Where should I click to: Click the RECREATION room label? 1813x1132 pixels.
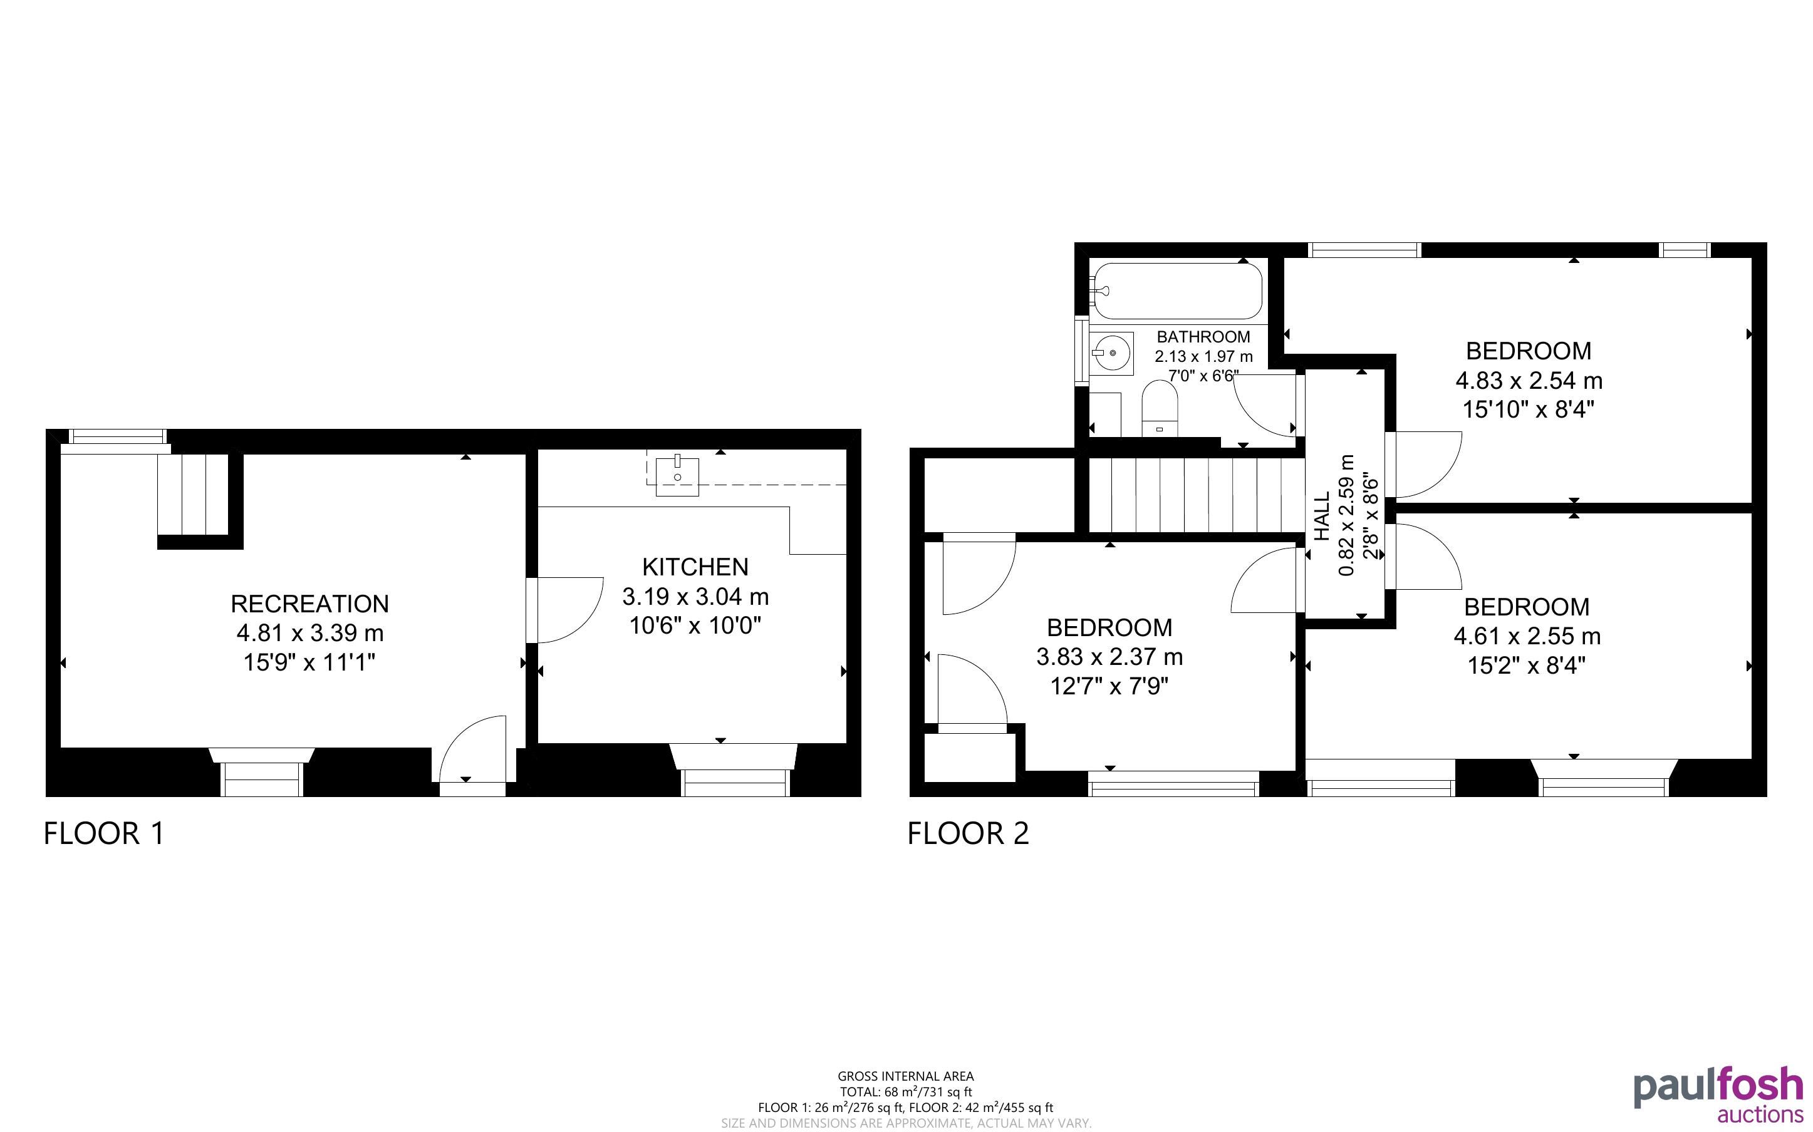point(309,604)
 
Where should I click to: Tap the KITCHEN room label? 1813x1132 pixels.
point(695,567)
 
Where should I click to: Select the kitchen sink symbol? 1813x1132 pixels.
point(677,476)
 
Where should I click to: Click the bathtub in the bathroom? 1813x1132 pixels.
point(1177,291)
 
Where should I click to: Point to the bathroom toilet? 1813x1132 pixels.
point(1160,409)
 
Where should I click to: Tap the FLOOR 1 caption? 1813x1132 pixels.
point(104,833)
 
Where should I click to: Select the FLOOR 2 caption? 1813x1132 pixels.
point(969,833)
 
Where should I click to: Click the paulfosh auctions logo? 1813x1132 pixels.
point(1718,1094)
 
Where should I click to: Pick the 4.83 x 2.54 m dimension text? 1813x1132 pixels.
point(1529,380)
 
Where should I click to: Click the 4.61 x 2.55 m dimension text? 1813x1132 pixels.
point(1527,636)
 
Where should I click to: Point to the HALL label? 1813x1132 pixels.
point(1322,515)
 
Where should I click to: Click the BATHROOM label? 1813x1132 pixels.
point(1203,337)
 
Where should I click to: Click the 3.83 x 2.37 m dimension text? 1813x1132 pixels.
point(1109,657)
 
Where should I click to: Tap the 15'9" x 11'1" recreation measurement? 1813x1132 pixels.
point(309,662)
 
